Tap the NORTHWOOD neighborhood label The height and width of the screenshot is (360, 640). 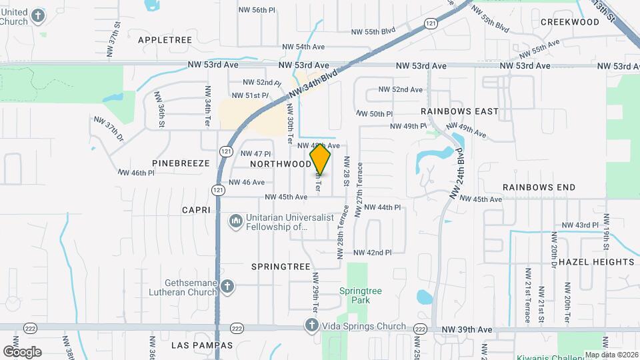point(281,163)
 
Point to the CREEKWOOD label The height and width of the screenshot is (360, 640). point(570,22)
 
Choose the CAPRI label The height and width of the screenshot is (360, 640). point(196,210)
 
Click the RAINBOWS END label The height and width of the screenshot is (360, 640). point(539,188)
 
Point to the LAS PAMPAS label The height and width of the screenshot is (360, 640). point(202,345)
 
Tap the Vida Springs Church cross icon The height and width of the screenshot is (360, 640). point(311,326)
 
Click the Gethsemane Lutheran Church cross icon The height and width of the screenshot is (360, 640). point(227,287)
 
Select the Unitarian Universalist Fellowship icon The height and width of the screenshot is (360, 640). point(235,221)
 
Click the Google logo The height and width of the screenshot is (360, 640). point(22,351)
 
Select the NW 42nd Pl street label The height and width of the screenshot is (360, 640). point(372,253)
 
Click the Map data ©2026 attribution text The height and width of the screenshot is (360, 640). point(611,355)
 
